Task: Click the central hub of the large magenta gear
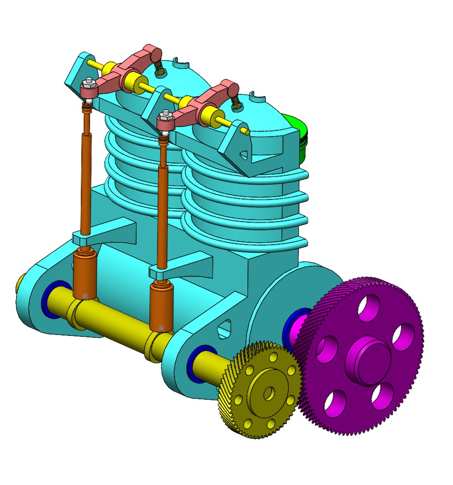pos(368,360)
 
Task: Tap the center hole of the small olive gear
pos(269,393)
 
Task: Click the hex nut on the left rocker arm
pos(88,82)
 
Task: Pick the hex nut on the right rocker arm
pos(166,114)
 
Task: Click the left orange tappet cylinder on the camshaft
pos(85,274)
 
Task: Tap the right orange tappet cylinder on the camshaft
pos(162,305)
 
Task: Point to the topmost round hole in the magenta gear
pos(369,308)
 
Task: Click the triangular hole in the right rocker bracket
pos(243,154)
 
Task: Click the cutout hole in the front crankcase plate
pos(224,329)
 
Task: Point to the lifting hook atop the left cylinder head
pos(181,61)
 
